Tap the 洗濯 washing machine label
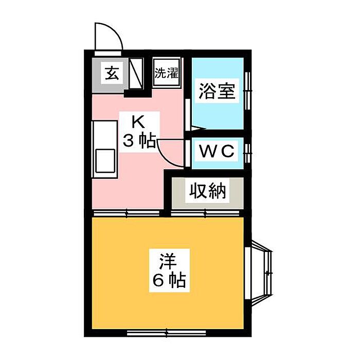pos(167,73)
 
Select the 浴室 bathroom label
pos(217,91)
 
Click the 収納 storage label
pos(207,191)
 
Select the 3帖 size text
pos(139,140)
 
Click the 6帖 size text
pos(169,280)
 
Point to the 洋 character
pos(168,261)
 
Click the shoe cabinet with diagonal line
pos(136,73)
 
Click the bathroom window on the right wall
pos(247,91)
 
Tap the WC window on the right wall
pos(247,153)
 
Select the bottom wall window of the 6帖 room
pos(167,332)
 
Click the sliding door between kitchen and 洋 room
pos(127,213)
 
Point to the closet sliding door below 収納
pos(206,213)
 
